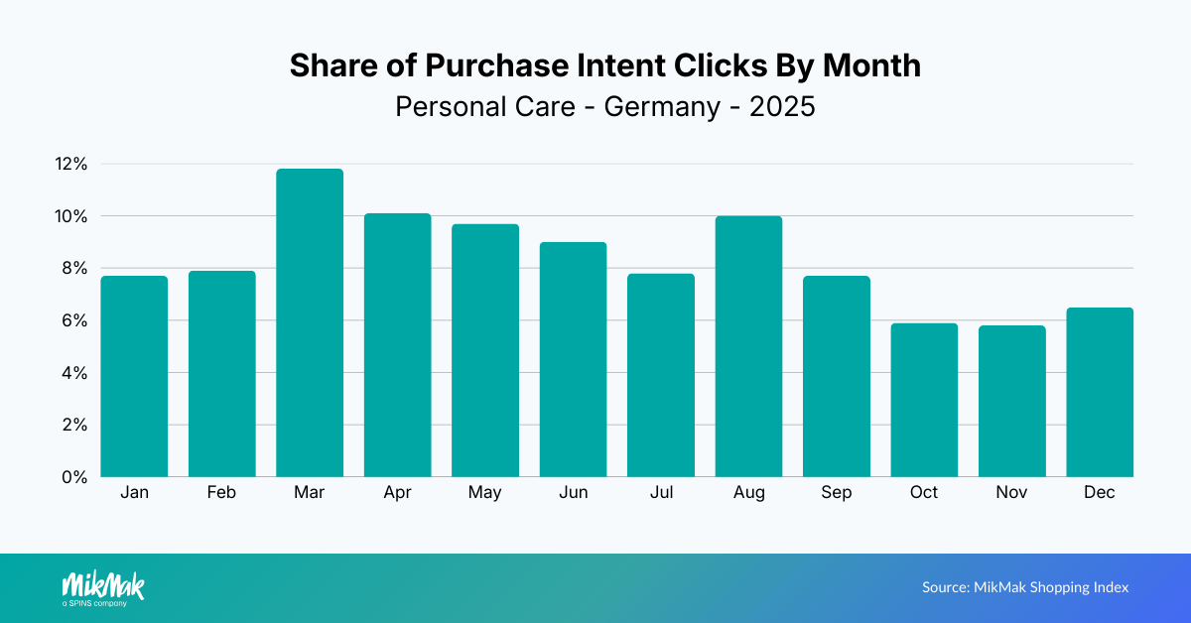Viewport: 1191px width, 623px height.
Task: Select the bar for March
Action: (x=310, y=323)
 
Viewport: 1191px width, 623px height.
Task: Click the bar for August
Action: (x=748, y=346)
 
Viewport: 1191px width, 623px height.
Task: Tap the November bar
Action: (x=1011, y=401)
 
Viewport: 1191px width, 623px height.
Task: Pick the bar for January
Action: (x=134, y=376)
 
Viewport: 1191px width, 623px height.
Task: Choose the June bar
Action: (x=573, y=359)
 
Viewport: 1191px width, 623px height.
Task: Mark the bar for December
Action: (x=1100, y=392)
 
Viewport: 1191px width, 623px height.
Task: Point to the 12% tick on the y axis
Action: (x=70, y=164)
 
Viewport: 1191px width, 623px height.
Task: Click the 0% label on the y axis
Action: (x=74, y=477)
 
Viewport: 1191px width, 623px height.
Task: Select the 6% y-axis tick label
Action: (x=74, y=320)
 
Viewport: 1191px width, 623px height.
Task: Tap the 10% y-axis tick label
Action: (x=70, y=216)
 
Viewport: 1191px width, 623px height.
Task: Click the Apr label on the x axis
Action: (x=397, y=493)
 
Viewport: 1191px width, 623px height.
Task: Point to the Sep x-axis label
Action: (x=836, y=493)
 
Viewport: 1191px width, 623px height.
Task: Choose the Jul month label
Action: (x=661, y=493)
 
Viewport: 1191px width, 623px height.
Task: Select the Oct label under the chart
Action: (x=924, y=493)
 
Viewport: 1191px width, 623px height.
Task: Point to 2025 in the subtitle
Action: (x=782, y=106)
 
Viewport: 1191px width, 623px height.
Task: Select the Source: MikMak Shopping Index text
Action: (x=1025, y=587)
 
